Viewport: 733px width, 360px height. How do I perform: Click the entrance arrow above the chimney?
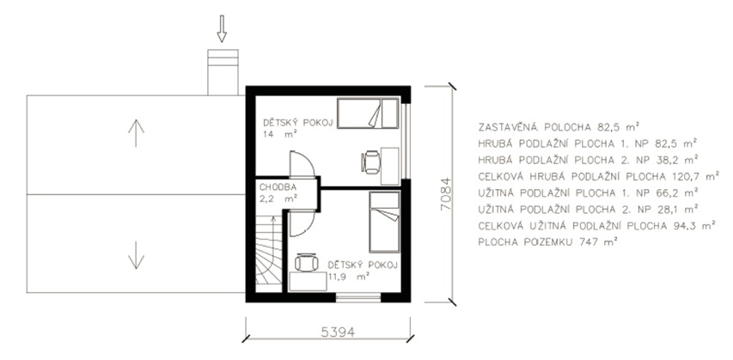(222, 28)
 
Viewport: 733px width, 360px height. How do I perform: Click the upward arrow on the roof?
(136, 133)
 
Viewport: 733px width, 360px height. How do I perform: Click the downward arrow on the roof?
(136, 255)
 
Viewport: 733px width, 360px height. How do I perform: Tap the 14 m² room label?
(280, 133)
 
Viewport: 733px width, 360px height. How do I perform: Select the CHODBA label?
(278, 187)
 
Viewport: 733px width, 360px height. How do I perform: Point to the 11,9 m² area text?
(349, 276)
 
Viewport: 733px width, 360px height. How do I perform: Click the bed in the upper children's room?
(368, 113)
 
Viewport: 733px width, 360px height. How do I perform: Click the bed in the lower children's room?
(385, 222)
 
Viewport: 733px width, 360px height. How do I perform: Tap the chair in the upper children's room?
(371, 162)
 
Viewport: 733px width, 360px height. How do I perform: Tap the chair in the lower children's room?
(307, 262)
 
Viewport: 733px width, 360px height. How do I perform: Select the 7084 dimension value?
(447, 194)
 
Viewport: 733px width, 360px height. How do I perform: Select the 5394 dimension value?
(338, 332)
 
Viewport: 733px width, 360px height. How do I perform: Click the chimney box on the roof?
(223, 72)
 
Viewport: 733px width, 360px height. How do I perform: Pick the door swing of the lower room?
(302, 223)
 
